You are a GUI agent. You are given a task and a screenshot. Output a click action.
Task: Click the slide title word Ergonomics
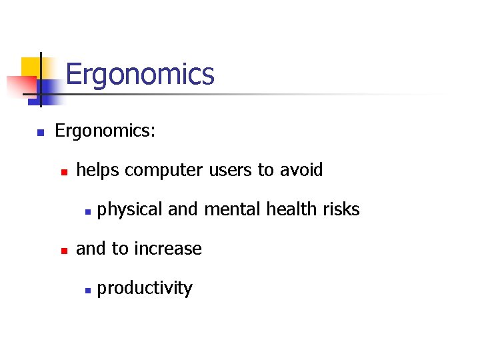140,75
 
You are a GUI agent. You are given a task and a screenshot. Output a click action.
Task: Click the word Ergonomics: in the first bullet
105,131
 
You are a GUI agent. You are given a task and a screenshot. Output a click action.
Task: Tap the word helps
98,170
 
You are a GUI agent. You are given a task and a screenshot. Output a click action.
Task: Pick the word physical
130,210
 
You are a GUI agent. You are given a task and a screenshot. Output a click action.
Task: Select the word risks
341,209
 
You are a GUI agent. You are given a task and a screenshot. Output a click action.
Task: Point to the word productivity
145,289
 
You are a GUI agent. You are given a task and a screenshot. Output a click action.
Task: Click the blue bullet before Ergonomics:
40,132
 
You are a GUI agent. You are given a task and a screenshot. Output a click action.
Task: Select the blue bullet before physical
87,211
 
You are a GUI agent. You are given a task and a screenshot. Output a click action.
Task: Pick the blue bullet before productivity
87,290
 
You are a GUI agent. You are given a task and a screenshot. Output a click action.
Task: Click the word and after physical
181,209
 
